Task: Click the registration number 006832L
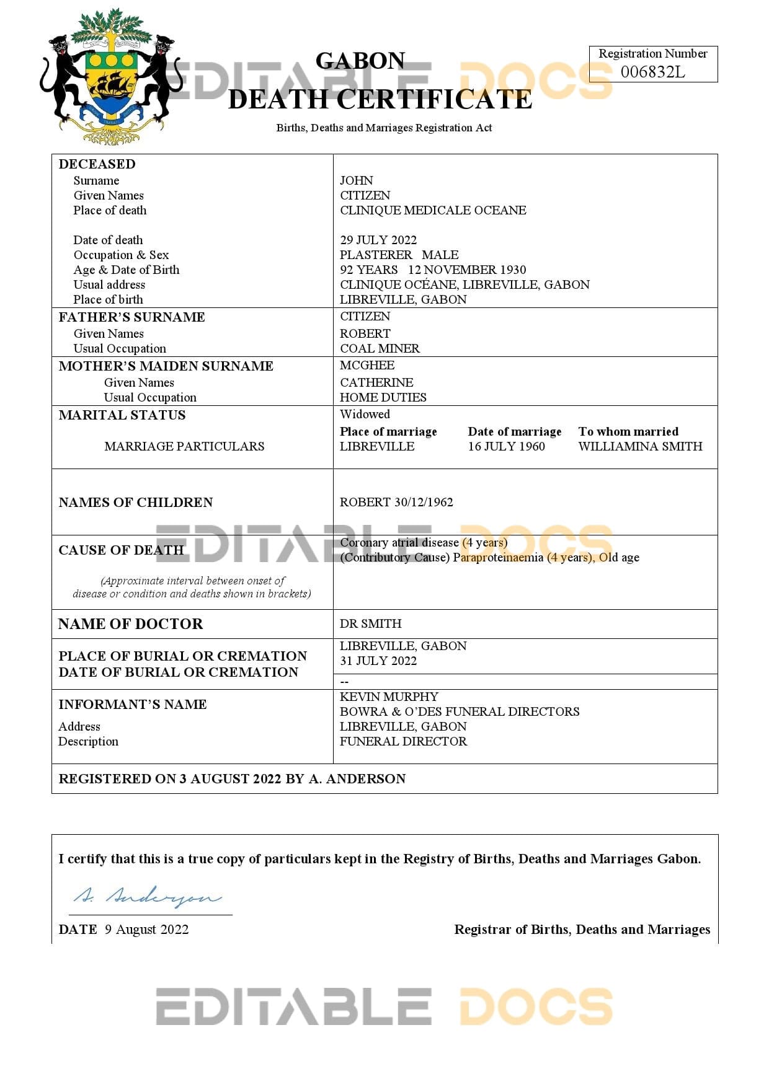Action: pos(652,72)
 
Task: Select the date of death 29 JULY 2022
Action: pos(378,240)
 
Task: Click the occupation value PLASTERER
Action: pos(376,255)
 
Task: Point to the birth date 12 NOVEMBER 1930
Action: pos(467,270)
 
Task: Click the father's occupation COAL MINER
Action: pos(380,348)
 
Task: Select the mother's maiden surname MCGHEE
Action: pos(367,365)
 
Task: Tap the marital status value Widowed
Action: pos(365,414)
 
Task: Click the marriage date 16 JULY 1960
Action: pos(506,446)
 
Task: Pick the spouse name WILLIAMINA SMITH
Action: pos(640,446)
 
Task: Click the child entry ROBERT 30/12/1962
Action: pos(396,502)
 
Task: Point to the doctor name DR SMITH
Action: pos(370,623)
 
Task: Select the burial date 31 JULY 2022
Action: pos(378,661)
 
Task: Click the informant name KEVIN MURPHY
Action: pos(389,697)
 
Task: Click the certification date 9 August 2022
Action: pos(146,929)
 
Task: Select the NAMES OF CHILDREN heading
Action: pos(136,502)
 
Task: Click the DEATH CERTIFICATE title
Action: pos(380,99)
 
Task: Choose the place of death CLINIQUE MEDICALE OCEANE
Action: pos(433,210)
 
